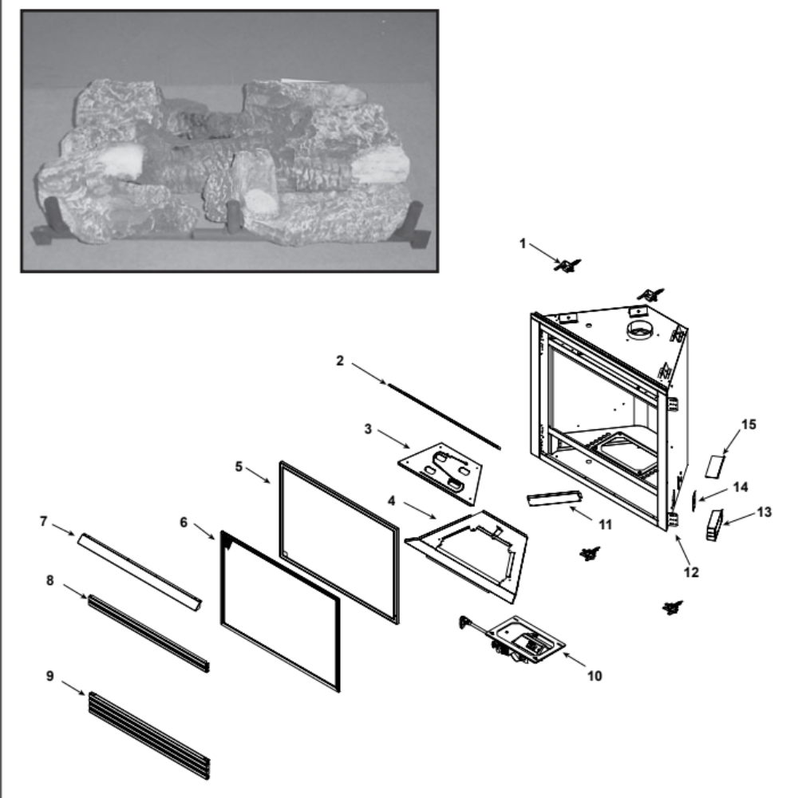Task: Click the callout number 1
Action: [x=522, y=243]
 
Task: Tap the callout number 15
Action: [x=749, y=425]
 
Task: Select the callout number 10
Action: [x=595, y=676]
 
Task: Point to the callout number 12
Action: [x=691, y=572]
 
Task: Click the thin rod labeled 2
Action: [x=444, y=417]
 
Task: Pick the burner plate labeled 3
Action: [x=440, y=473]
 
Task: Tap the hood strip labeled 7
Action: [x=140, y=571]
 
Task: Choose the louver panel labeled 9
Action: [x=149, y=736]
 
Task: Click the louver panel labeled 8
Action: [x=148, y=634]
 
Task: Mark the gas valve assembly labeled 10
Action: [x=514, y=639]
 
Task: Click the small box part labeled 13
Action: [x=714, y=525]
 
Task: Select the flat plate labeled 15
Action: [x=715, y=467]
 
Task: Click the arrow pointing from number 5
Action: [x=258, y=475]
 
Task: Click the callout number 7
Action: [x=43, y=521]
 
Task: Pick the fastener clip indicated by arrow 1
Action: [x=567, y=265]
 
